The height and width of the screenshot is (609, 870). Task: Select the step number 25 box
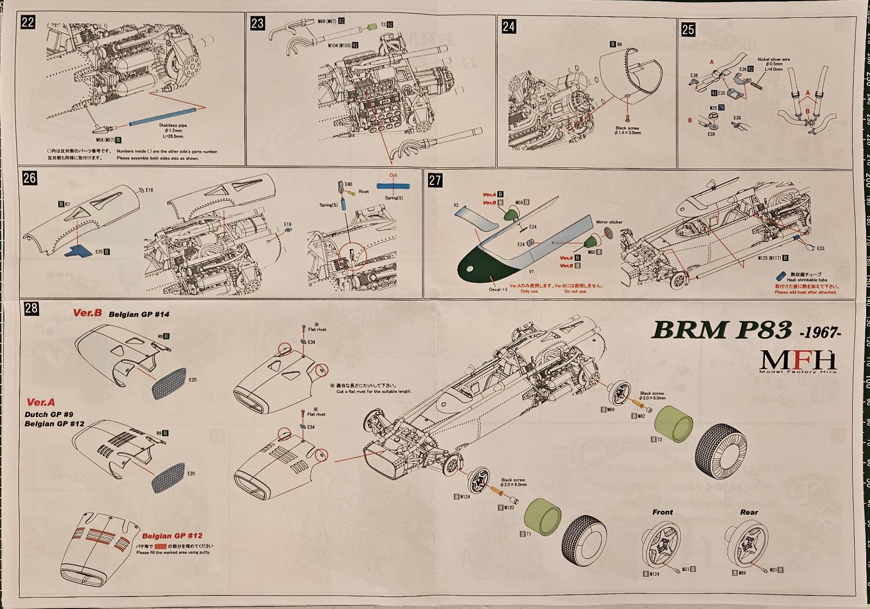688,29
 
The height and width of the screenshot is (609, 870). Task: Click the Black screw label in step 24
627,128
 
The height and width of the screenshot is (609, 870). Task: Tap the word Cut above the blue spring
393,175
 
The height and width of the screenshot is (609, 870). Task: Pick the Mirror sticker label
609,222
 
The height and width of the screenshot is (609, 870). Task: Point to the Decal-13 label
498,289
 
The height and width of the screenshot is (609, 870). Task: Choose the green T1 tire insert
544,517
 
